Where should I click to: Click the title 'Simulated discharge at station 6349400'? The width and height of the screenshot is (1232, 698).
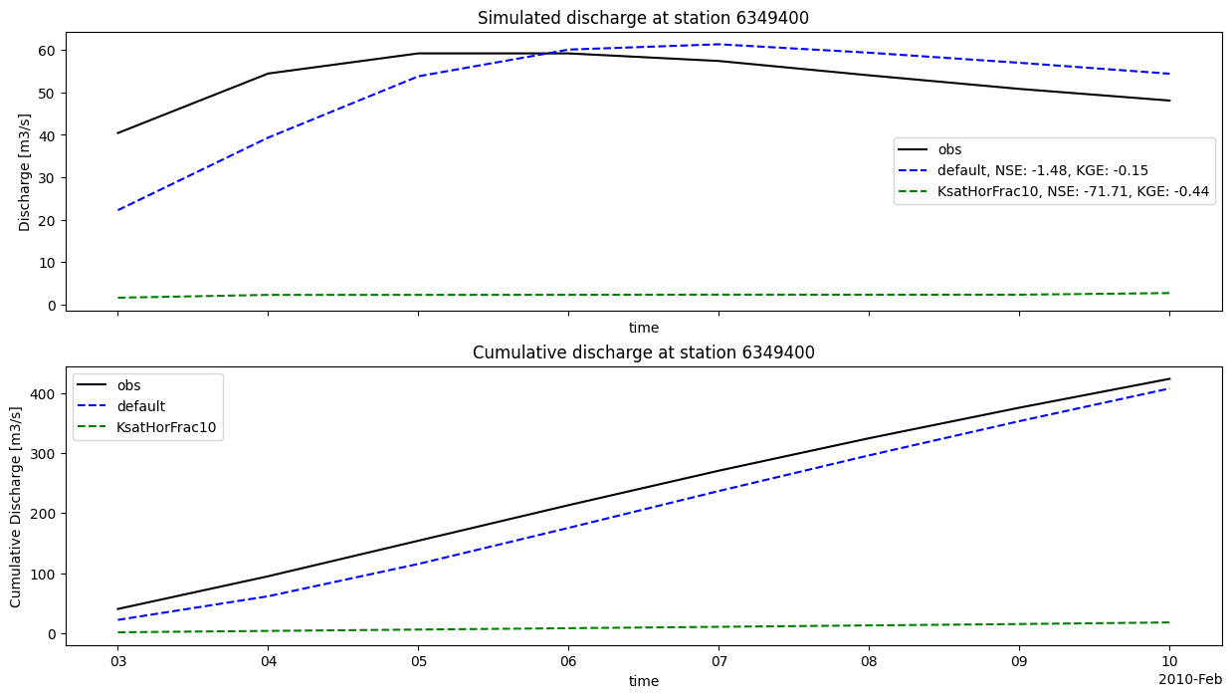pyautogui.click(x=644, y=18)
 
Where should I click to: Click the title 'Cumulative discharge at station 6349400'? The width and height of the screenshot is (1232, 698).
pyautogui.click(x=644, y=352)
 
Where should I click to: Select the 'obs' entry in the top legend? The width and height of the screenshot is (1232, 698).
pyautogui.click(x=949, y=149)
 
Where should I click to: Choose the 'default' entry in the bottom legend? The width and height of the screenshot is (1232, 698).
pyautogui.click(x=140, y=406)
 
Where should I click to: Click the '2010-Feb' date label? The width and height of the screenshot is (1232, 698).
pyautogui.click(x=1190, y=679)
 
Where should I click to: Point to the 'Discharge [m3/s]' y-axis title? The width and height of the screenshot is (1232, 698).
pyautogui.click(x=25, y=172)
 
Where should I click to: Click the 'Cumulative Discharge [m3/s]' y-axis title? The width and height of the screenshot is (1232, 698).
pyautogui.click(x=17, y=506)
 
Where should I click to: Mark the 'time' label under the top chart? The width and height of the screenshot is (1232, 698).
pyautogui.click(x=644, y=328)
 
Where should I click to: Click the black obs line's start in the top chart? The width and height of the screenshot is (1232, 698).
pyautogui.click(x=117, y=133)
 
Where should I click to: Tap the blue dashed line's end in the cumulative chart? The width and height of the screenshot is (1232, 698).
pyautogui.click(x=1169, y=387)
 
